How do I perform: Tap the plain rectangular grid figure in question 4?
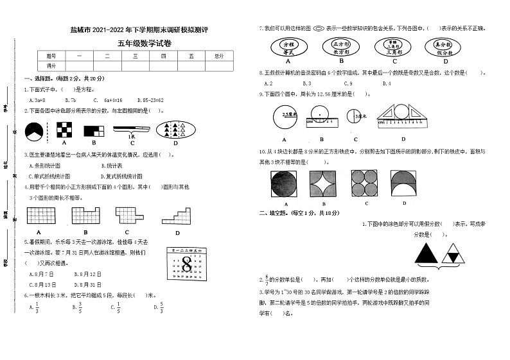[x=39, y=216]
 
